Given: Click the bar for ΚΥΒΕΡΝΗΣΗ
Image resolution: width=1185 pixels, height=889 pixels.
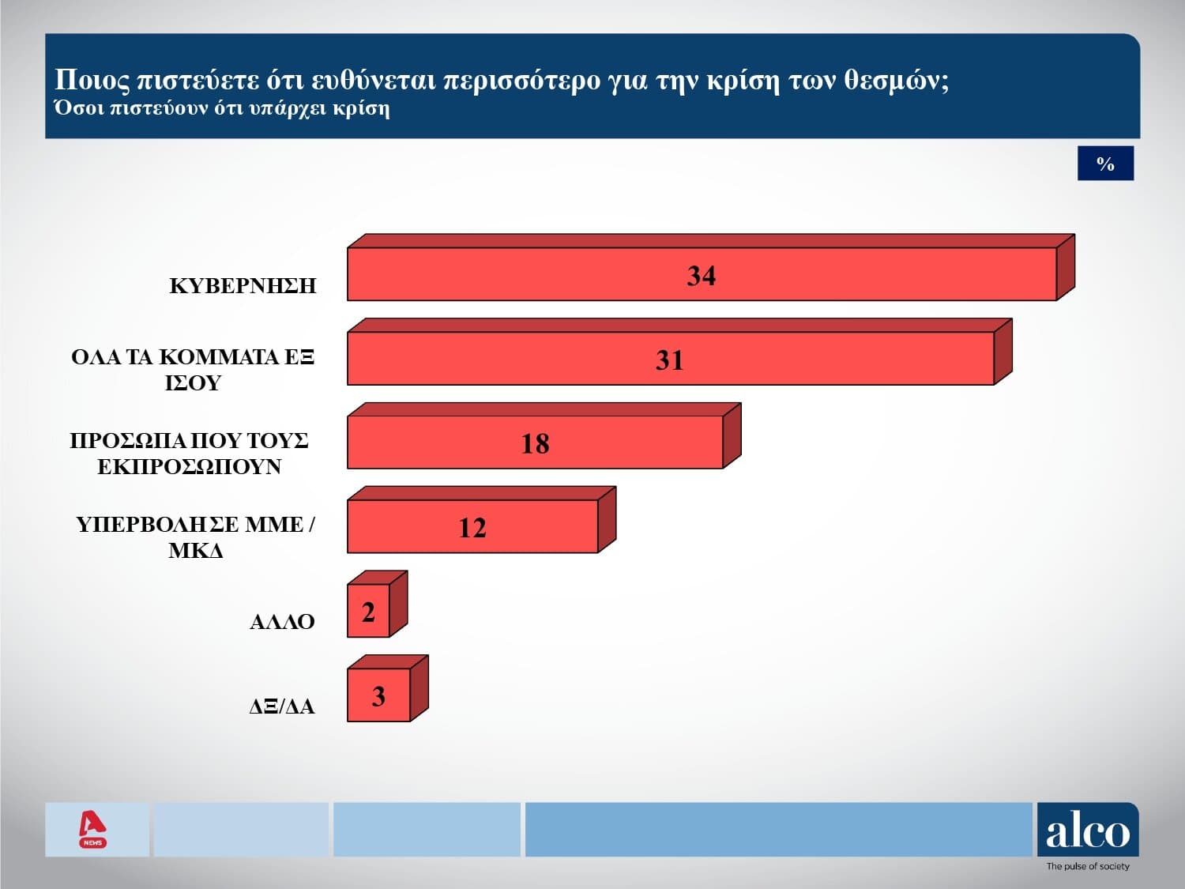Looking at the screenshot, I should (553, 274).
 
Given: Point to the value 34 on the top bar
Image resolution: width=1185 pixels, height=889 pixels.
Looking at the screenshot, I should (701, 276).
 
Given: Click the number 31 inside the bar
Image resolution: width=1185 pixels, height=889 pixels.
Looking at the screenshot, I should (669, 360).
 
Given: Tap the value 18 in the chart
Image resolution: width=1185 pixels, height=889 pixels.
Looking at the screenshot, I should (535, 444).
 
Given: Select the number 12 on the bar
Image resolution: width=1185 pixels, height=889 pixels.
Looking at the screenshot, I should (472, 528).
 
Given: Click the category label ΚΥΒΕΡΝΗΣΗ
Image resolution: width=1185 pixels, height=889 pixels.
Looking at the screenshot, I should (243, 286).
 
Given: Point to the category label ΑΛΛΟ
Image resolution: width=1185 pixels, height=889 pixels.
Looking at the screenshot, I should (282, 622).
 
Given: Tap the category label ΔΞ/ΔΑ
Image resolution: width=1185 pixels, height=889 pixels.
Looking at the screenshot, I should (282, 706).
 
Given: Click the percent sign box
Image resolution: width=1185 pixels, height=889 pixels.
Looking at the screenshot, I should (1105, 164).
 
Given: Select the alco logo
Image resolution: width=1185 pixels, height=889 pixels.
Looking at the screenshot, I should (1088, 831).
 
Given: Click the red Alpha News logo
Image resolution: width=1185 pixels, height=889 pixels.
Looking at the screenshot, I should (93, 829).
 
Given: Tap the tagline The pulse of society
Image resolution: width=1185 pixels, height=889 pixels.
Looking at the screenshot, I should (1088, 867).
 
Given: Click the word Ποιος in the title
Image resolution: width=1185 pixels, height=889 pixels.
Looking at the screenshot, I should (92, 80).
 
